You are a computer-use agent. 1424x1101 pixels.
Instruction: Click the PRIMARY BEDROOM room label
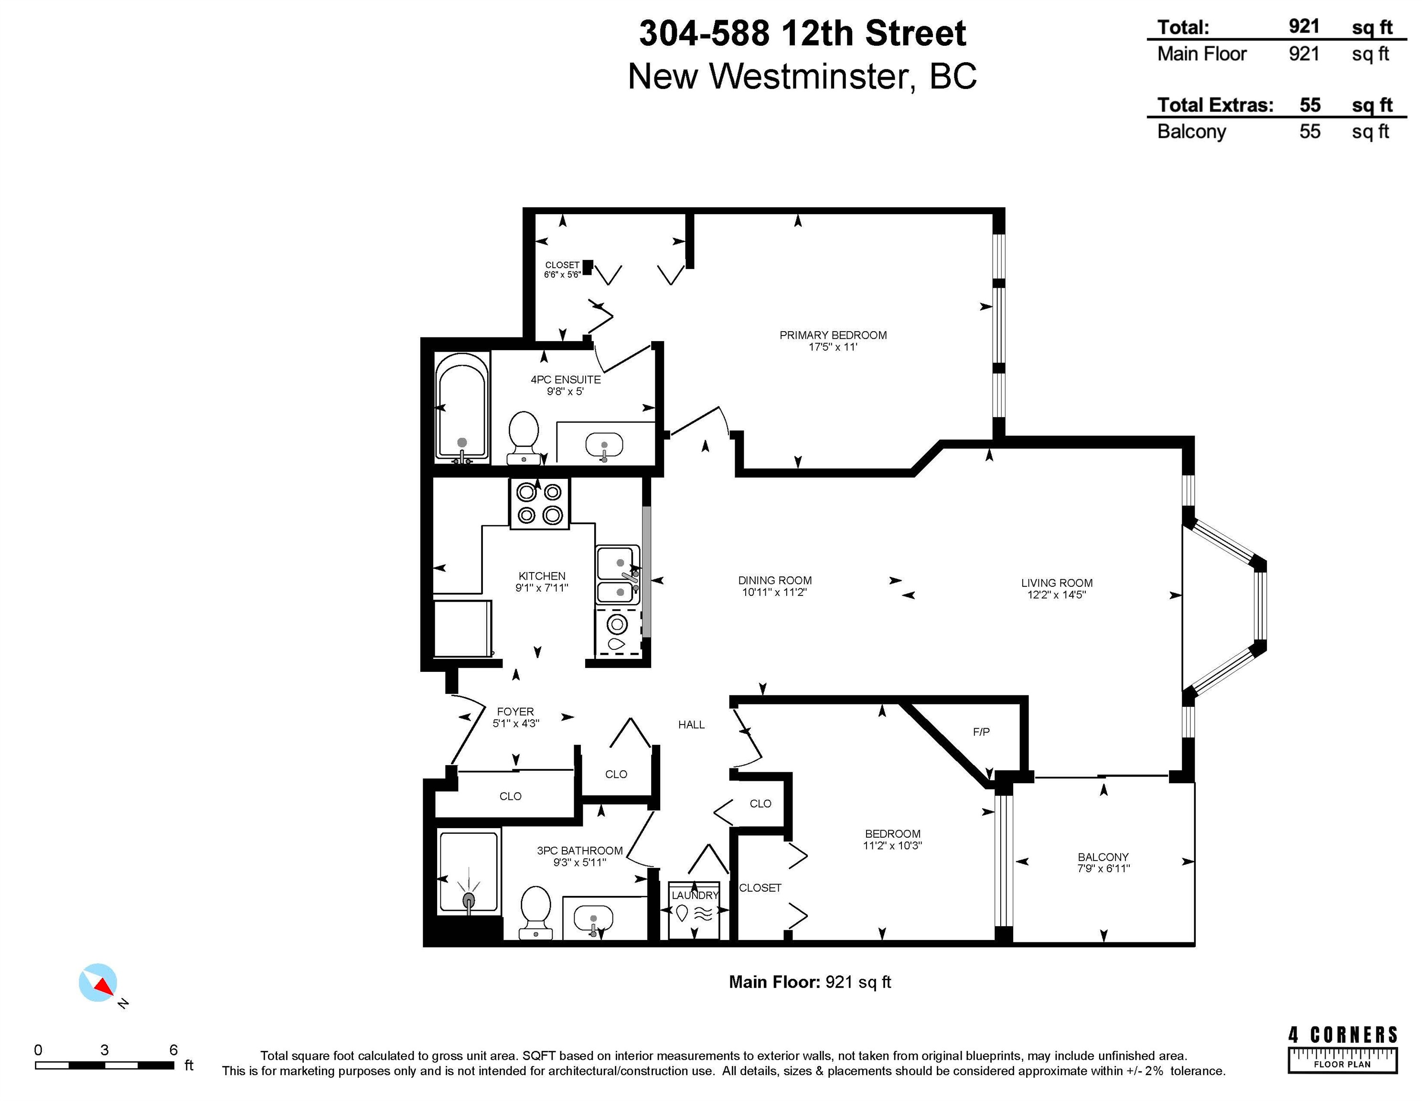(833, 335)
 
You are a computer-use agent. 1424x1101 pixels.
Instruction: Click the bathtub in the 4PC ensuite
(462, 408)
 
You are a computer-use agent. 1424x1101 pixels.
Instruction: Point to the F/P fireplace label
(981, 732)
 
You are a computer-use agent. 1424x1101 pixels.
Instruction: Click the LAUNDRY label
(695, 896)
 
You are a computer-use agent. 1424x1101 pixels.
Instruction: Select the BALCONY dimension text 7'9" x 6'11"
(1103, 868)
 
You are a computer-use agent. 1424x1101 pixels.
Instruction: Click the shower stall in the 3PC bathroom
(469, 872)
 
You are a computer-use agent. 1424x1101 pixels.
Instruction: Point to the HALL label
(691, 724)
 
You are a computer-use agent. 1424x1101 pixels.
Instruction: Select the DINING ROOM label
(775, 581)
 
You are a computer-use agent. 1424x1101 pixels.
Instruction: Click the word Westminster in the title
(809, 76)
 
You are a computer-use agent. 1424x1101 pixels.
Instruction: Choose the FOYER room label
(515, 712)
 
